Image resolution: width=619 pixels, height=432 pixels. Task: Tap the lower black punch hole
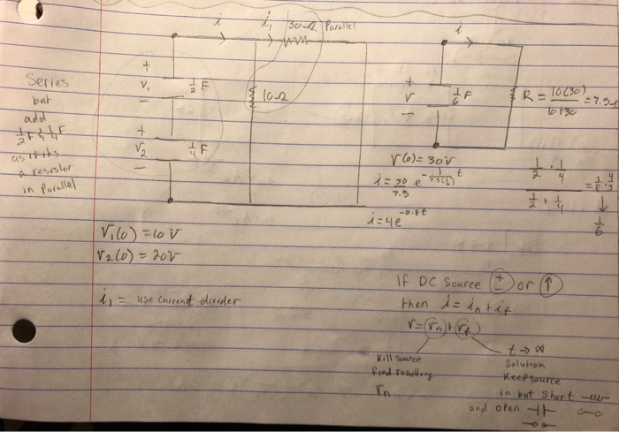coord(25,331)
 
